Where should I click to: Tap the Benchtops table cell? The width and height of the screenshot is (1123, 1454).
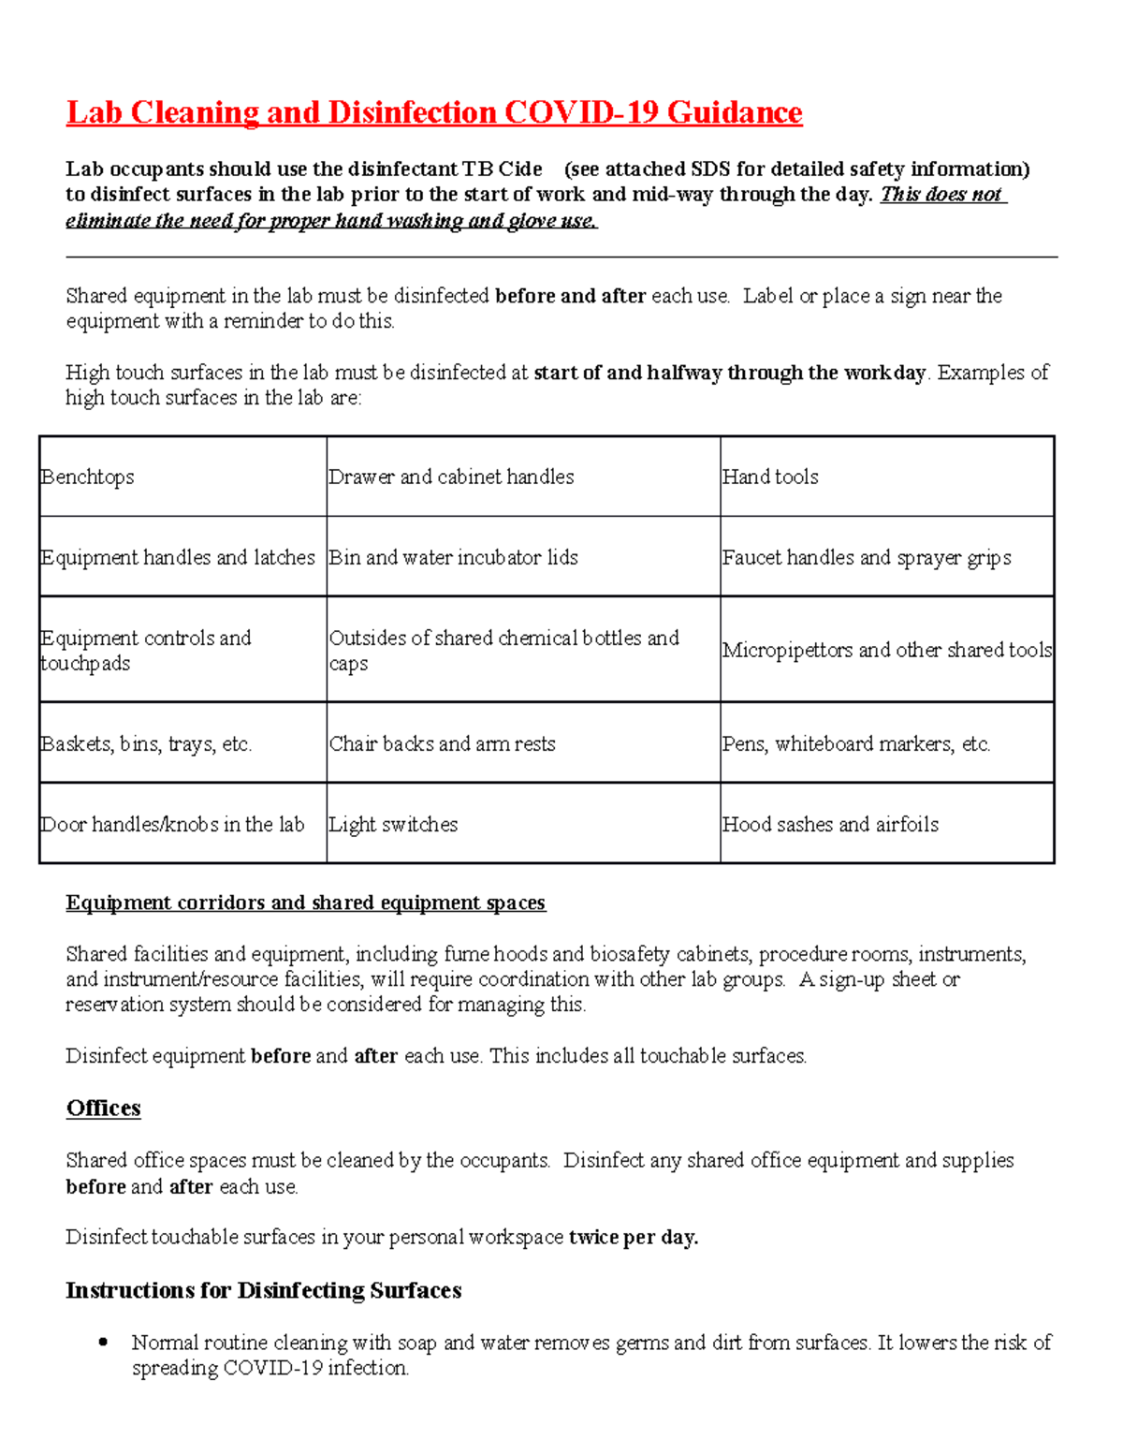(x=88, y=477)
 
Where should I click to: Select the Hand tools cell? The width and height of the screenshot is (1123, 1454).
(x=770, y=477)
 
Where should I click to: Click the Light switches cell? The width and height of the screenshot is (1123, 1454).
(x=394, y=825)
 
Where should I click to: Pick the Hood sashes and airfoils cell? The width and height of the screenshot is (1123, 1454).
(x=830, y=825)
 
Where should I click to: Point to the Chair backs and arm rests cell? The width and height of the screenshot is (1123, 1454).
(x=443, y=744)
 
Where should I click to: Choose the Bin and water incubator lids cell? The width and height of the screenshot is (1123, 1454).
(x=454, y=558)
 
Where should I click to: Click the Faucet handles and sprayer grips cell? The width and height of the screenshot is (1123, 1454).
(x=867, y=558)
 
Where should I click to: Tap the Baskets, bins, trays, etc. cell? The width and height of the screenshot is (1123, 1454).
(x=146, y=744)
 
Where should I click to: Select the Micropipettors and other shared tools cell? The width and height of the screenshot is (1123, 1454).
(x=886, y=650)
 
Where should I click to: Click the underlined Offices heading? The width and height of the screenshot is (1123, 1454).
(x=103, y=1109)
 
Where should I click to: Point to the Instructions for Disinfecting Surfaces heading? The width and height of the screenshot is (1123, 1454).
(x=263, y=1290)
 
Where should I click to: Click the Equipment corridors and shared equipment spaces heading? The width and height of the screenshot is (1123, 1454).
(x=305, y=903)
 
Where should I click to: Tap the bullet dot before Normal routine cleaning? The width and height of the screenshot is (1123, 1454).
(x=104, y=1342)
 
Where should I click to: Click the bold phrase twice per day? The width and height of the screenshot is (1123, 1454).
(x=634, y=1237)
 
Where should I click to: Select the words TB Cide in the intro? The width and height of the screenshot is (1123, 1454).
(x=503, y=169)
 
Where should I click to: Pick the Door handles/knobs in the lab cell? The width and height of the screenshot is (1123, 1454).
(x=173, y=825)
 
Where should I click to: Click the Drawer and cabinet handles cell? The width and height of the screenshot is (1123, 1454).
(x=452, y=477)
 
